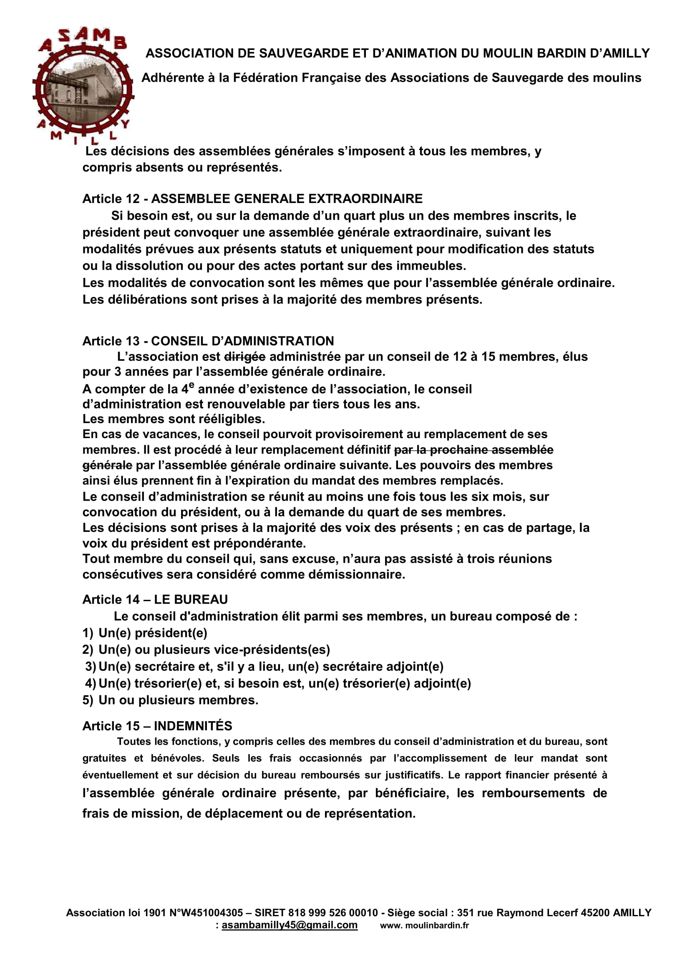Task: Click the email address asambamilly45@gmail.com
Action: [290, 925]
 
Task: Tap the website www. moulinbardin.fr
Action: [424, 925]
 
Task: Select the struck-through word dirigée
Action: [244, 357]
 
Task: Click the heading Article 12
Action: [111, 199]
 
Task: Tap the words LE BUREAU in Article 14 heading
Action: [191, 599]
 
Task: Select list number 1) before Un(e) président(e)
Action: [88, 633]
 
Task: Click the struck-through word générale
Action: [107, 466]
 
